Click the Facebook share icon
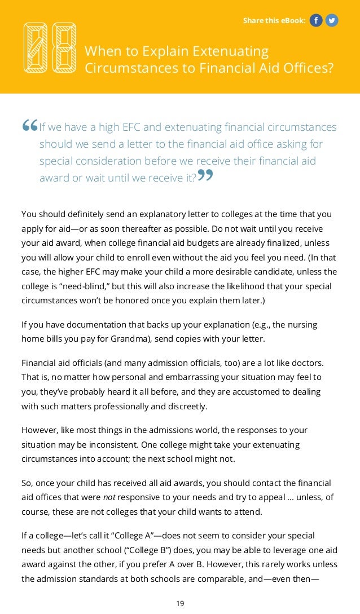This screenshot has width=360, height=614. [x=316, y=21]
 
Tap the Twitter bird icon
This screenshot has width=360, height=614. [x=332, y=21]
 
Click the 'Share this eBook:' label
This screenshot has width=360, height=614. [x=274, y=21]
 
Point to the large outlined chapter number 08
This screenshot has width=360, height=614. [x=50, y=47]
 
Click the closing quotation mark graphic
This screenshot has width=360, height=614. [x=205, y=176]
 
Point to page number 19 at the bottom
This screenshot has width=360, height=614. [x=180, y=603]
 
